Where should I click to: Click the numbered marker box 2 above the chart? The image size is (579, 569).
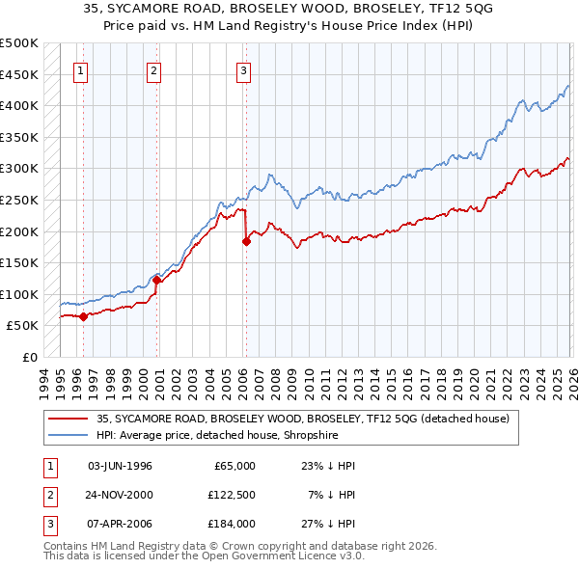(x=153, y=69)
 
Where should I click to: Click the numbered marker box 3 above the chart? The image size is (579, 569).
(x=243, y=69)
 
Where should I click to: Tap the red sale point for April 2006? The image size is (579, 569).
(x=246, y=242)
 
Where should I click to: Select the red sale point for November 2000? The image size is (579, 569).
(x=157, y=280)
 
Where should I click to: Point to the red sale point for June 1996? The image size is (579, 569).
(x=84, y=316)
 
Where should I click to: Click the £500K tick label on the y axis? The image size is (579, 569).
(x=19, y=43)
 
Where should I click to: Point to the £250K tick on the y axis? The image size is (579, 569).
(x=19, y=200)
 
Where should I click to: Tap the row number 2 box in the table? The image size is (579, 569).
(x=49, y=495)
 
